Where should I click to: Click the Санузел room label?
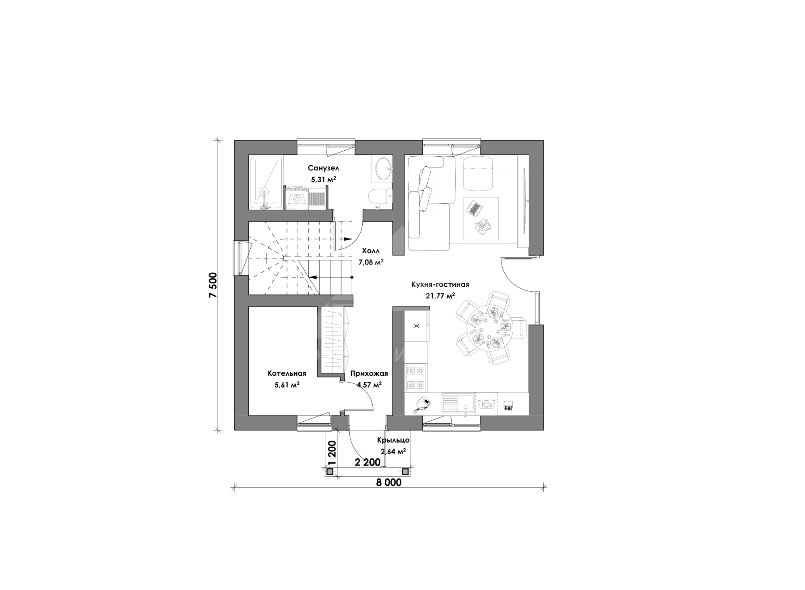click(x=323, y=168)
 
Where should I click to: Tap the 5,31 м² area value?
click(x=323, y=179)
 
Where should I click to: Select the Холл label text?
click(x=371, y=250)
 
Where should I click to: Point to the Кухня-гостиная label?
click(x=440, y=285)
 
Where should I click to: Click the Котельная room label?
click(x=287, y=373)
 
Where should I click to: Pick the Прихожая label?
click(x=369, y=373)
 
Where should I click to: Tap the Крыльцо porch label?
click(x=393, y=440)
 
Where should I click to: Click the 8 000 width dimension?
click(x=389, y=482)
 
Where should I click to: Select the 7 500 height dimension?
click(x=213, y=285)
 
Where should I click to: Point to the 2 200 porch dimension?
click(x=367, y=462)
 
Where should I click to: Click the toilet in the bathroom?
click(x=380, y=196)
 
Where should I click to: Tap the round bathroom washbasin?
click(x=382, y=169)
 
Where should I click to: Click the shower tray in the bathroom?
click(x=266, y=182)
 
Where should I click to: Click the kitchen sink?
click(x=458, y=404)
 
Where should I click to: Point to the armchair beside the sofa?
click(x=478, y=174)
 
